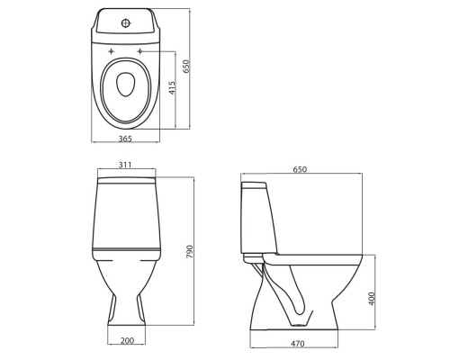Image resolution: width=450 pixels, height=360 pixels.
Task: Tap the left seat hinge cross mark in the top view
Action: (112, 52)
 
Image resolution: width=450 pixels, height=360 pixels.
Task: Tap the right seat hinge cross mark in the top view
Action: (139, 52)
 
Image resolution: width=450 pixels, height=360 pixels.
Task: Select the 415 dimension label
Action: (171, 87)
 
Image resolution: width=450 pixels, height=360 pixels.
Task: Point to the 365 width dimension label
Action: (126, 139)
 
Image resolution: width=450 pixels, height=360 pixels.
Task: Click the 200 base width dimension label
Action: (126, 341)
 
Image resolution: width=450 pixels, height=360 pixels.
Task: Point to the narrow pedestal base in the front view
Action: (126, 310)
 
